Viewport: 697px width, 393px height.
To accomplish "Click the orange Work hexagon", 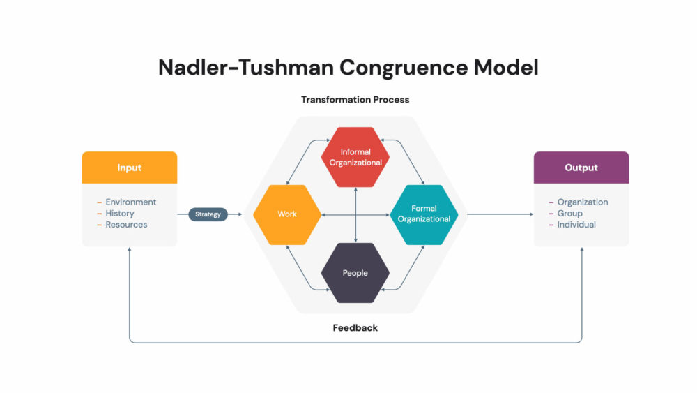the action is [x=287, y=214].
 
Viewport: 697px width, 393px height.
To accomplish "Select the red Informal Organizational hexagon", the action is [x=355, y=157].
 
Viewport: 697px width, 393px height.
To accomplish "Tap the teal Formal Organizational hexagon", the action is [x=424, y=214].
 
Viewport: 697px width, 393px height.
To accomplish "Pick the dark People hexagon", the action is [x=355, y=273].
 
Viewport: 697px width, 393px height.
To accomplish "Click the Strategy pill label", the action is [x=208, y=214].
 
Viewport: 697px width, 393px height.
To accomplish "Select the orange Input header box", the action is [x=130, y=168].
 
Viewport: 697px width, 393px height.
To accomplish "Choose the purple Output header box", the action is [x=581, y=168].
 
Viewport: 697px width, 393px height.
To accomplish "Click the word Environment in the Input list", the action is [x=131, y=202].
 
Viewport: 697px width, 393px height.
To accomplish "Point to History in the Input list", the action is [x=120, y=213].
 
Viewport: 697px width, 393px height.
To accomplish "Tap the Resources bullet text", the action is [x=126, y=225].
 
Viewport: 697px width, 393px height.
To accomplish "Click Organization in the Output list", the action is [x=583, y=202].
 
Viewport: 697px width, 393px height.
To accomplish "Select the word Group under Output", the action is [x=570, y=213].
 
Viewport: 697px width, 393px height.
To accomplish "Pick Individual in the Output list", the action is [x=576, y=225].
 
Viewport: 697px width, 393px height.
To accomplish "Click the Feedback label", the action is [x=355, y=327].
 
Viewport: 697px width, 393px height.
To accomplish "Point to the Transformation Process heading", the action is [x=355, y=100].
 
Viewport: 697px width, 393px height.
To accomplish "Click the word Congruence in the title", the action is [x=404, y=68].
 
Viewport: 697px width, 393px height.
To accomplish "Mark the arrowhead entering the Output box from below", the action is [x=582, y=249].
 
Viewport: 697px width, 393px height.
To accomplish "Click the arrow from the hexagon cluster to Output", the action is [x=500, y=214].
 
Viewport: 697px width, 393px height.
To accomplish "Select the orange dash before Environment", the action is [x=99, y=202].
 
